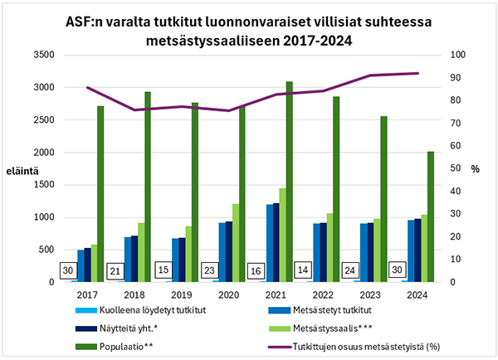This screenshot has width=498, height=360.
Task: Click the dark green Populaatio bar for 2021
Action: tap(290, 182)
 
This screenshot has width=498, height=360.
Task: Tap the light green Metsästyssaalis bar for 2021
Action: tap(283, 236)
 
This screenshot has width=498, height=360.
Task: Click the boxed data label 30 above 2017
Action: tap(69, 270)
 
